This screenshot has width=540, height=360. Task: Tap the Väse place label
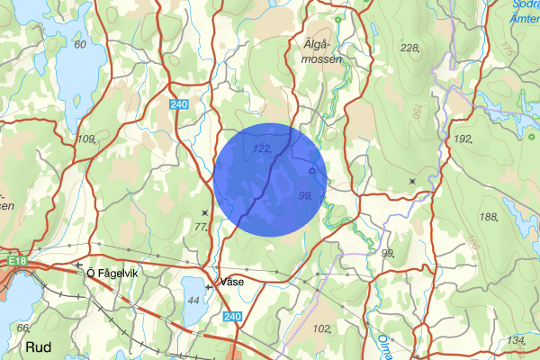tap(230, 281)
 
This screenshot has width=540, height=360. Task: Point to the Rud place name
tap(38, 346)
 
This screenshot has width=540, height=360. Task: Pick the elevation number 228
tap(409, 48)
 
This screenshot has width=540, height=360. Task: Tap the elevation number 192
tap(463, 139)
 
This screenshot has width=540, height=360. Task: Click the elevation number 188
tap(489, 218)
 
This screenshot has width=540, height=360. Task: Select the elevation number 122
tap(263, 148)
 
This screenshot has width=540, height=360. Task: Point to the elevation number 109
tap(86, 139)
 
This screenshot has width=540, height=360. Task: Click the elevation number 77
tap(202, 228)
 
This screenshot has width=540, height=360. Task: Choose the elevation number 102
tap(320, 328)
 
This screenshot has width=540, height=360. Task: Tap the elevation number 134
tap(516, 339)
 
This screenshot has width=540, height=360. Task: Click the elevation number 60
tap(81, 44)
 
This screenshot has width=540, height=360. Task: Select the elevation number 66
tap(23, 328)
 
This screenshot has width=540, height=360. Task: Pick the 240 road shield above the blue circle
tap(180, 104)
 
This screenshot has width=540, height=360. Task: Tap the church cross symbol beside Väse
tap(210, 285)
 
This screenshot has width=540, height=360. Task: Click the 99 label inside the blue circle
tap(304, 195)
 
